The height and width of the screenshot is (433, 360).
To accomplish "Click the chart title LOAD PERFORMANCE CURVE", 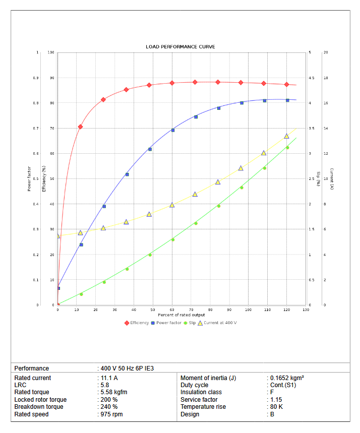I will click(x=180, y=47).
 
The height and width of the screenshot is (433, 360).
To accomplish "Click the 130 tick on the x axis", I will click(x=306, y=310).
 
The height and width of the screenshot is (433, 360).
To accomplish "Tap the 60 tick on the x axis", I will click(x=172, y=310).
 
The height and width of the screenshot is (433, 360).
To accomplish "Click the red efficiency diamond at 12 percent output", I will click(x=80, y=127).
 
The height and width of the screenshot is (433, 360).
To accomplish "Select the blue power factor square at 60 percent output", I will click(x=173, y=130).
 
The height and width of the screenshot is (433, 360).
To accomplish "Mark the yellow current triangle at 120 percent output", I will click(x=286, y=136).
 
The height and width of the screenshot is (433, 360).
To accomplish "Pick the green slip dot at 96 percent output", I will click(x=242, y=188).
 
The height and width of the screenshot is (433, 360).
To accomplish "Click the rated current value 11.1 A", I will click(x=109, y=378).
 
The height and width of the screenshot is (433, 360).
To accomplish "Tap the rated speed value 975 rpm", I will click(x=111, y=414).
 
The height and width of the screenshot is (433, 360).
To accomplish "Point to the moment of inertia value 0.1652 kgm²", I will click(x=286, y=378).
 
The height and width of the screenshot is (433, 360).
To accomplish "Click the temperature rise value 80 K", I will click(x=276, y=407).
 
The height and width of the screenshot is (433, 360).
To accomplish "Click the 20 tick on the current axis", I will click(x=326, y=52).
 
